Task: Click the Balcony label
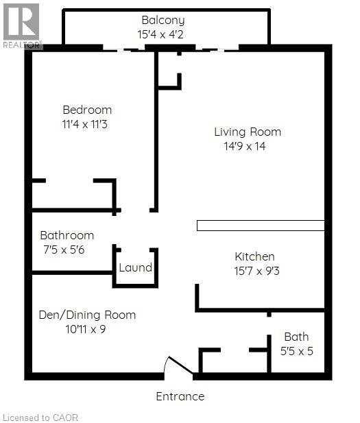tap(163, 21)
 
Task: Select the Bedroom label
tap(87, 110)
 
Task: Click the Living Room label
tap(248, 132)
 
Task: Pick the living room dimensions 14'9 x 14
tap(244, 146)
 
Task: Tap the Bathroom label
tap(67, 235)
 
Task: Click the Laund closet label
tap(136, 267)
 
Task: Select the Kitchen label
tap(254, 256)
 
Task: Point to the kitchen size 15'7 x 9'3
tap(256, 271)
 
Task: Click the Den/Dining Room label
tap(87, 315)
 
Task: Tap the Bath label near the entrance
tap(296, 337)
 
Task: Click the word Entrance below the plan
tap(180, 396)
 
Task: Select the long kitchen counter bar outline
tap(261, 225)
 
